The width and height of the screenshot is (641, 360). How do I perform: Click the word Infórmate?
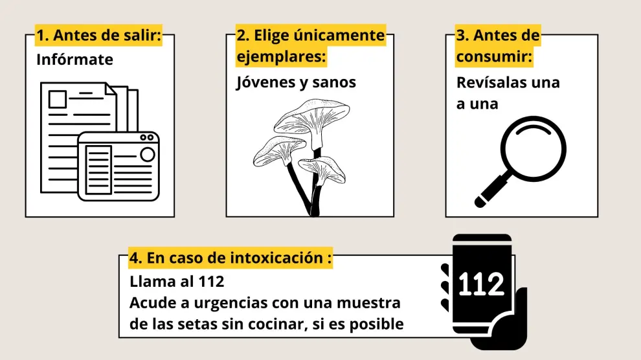tap(75, 60)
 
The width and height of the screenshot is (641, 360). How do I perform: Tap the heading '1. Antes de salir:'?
tap(99, 35)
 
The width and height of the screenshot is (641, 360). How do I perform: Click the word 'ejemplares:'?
tap(281, 56)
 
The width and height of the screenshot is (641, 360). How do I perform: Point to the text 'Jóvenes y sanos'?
tap(296, 82)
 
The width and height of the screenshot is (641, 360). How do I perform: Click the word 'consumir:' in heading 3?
tap(494, 56)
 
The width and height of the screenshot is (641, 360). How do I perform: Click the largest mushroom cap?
tap(312, 117)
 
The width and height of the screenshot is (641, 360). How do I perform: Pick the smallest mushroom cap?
tap(323, 168)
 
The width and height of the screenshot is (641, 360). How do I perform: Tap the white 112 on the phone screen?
tap(481, 284)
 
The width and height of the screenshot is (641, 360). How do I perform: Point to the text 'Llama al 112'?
tap(177, 282)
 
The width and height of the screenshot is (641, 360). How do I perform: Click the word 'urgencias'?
tap(231, 304)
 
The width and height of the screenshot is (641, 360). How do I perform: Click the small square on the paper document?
tap(58, 99)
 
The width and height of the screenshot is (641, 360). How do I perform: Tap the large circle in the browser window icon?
tap(147, 155)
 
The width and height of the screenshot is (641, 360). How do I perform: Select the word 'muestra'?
tap(369, 303)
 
